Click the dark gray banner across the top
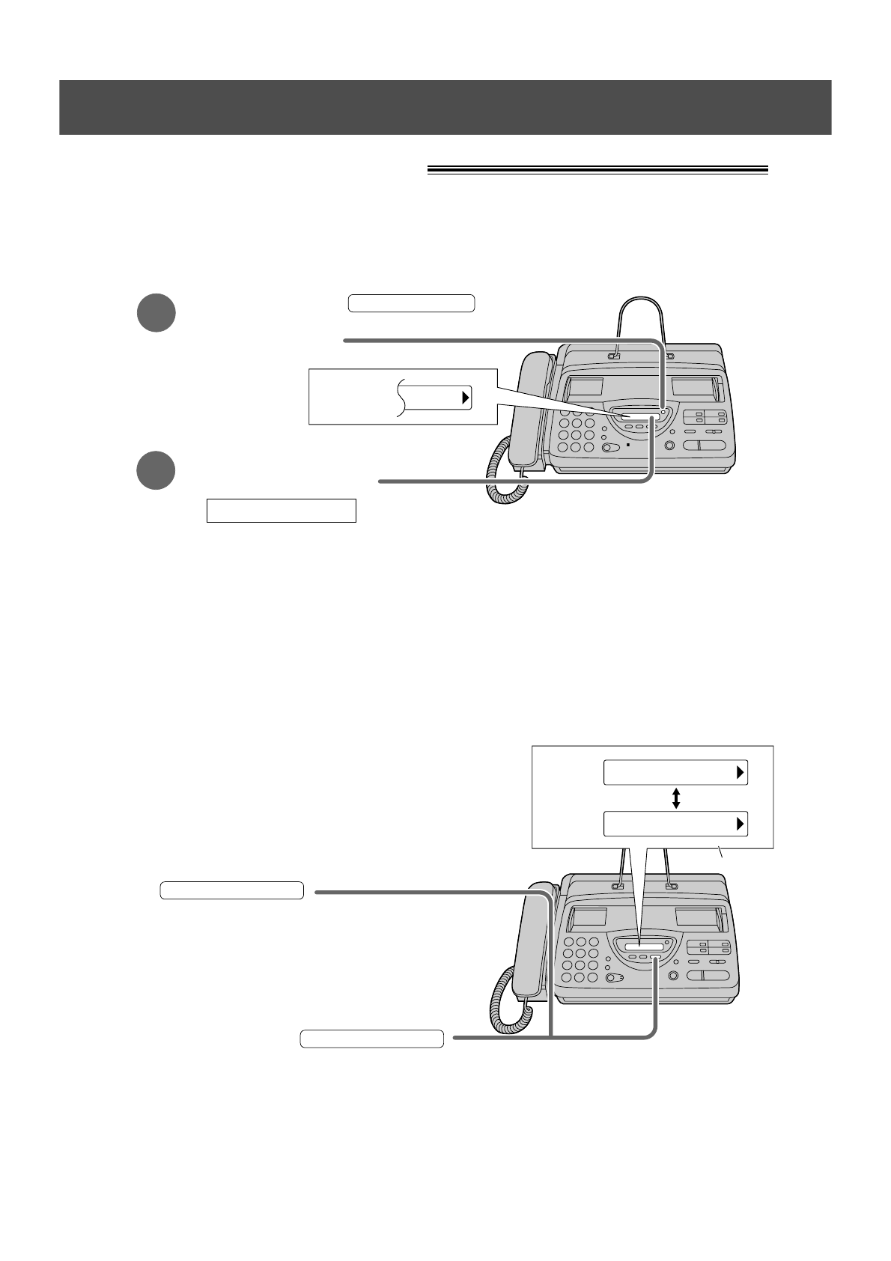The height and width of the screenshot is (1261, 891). click(x=445, y=107)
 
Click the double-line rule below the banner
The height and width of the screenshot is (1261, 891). click(x=597, y=170)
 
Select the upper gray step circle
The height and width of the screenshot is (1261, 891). click(x=156, y=313)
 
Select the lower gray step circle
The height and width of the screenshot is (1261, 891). click(x=156, y=470)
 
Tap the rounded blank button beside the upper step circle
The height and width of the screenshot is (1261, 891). click(x=412, y=303)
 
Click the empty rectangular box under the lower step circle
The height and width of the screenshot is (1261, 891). click(x=281, y=510)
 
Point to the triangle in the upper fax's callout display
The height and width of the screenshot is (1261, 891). click(x=465, y=398)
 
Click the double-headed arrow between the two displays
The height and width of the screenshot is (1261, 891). click(x=676, y=797)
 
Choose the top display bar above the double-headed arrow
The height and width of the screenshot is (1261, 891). click(x=675, y=773)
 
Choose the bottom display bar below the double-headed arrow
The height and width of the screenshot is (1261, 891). click(x=675, y=824)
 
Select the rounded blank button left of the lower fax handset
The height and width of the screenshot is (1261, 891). click(x=231, y=890)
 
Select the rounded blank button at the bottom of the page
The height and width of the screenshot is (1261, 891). click(x=372, y=1039)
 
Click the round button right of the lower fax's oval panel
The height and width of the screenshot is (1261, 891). click(x=672, y=976)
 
